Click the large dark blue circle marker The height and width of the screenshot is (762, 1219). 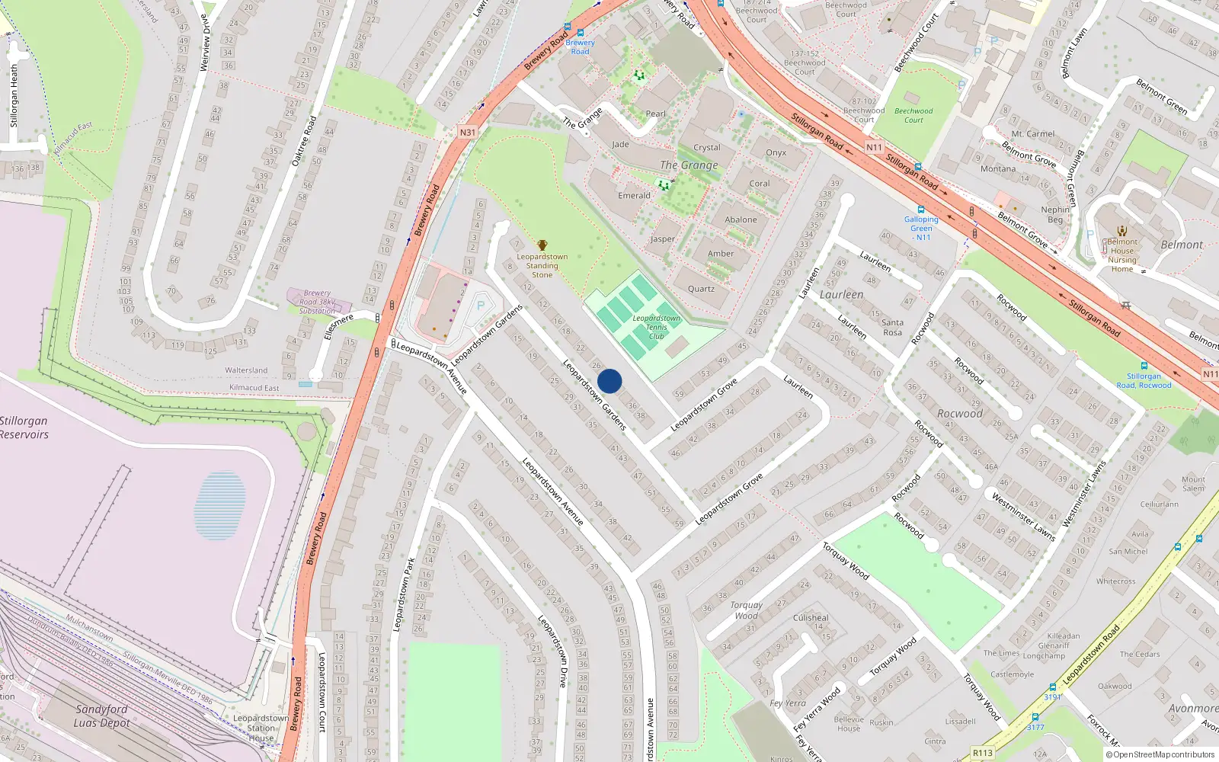[x=609, y=381]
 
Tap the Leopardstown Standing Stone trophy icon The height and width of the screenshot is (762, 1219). [x=542, y=245]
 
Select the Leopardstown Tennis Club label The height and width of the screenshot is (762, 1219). [x=656, y=327]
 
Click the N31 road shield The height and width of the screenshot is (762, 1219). [x=467, y=133]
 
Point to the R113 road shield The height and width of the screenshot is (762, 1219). [x=983, y=753]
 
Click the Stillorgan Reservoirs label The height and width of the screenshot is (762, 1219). [x=24, y=427]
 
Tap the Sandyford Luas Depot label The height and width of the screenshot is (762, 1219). [x=101, y=716]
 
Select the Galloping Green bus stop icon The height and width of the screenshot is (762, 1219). [x=920, y=210]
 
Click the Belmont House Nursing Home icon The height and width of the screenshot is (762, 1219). [x=1121, y=231]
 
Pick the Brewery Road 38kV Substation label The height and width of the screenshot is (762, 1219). [x=317, y=302]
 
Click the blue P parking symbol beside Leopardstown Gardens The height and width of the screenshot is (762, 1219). [x=481, y=306]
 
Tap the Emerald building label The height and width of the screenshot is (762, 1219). [x=634, y=196]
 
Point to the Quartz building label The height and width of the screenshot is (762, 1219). [x=701, y=289]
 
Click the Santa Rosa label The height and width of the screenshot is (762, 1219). [x=892, y=328]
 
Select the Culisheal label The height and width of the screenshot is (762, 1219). [x=811, y=618]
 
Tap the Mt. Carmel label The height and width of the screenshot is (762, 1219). [x=1033, y=134]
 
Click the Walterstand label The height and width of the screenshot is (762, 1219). [x=246, y=370]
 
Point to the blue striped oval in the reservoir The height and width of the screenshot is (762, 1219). [x=220, y=505]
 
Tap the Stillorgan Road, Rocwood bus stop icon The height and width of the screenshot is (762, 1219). [x=1144, y=366]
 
